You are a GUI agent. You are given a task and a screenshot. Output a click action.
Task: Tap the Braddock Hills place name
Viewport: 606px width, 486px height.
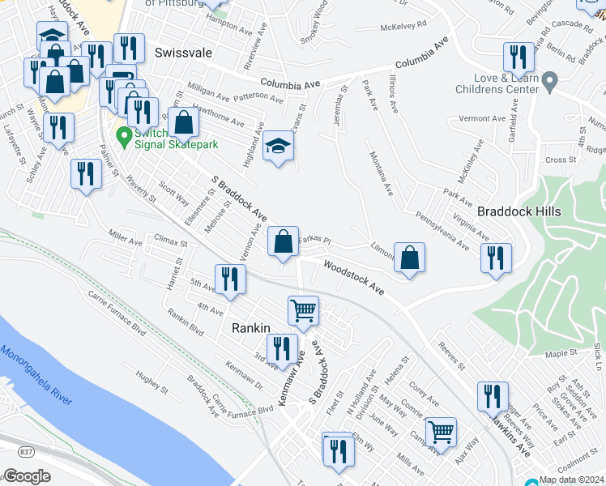[x=519, y=211]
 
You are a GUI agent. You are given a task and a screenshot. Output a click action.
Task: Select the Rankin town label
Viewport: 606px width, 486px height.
[x=250, y=328]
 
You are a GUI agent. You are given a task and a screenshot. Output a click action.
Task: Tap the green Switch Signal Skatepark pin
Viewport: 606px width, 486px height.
[x=123, y=136]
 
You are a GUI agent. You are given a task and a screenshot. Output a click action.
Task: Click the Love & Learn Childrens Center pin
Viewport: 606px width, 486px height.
[x=550, y=82]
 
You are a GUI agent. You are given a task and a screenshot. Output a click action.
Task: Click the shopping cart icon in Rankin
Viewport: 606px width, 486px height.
[x=303, y=309]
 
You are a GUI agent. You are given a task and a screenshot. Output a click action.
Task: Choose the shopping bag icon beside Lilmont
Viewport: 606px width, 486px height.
[x=410, y=257]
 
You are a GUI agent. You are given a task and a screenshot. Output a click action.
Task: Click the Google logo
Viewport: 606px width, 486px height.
[x=27, y=476]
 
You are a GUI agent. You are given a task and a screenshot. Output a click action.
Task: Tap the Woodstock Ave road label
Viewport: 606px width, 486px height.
[x=353, y=275]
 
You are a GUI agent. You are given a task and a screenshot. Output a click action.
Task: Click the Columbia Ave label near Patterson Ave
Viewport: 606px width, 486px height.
[x=291, y=84]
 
